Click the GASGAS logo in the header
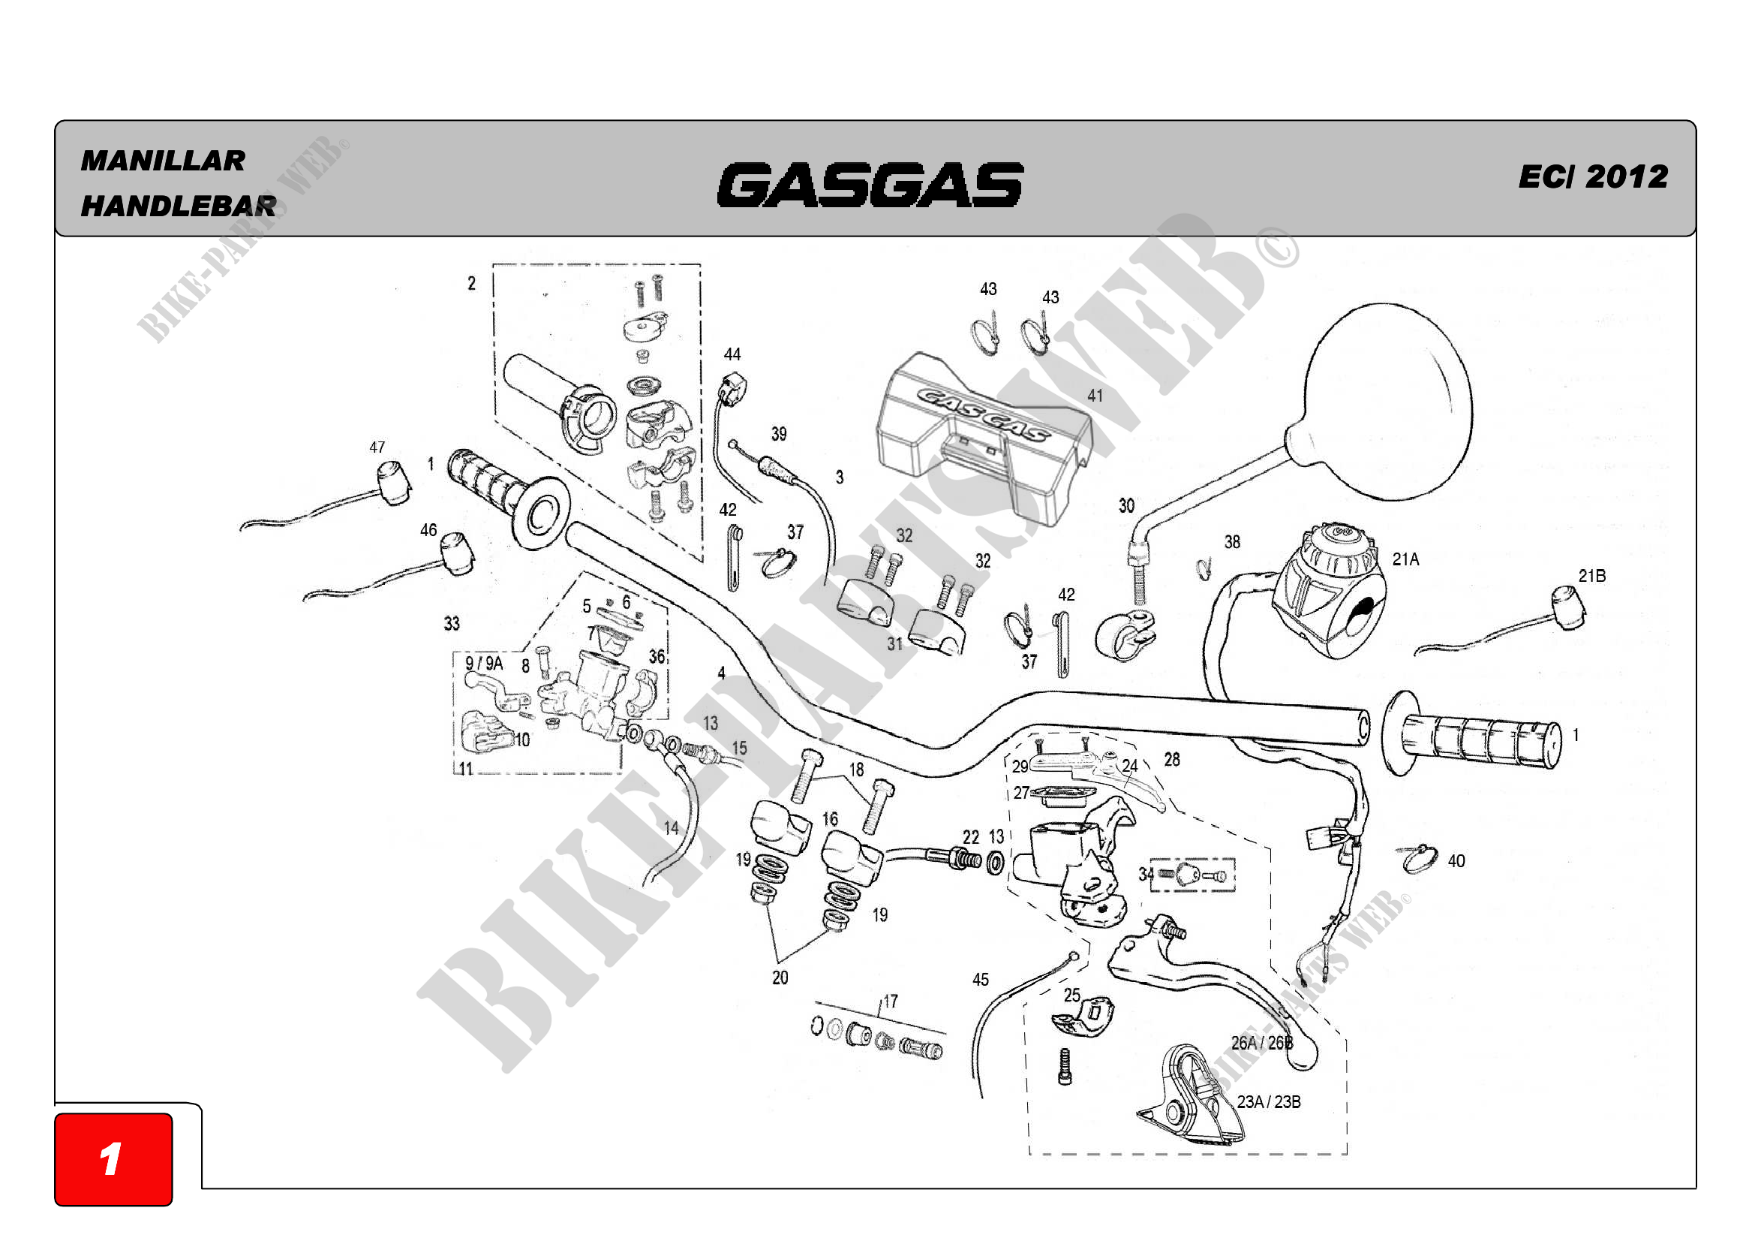[870, 185]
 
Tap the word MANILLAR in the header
[163, 161]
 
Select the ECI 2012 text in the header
[1592, 176]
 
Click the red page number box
[113, 1158]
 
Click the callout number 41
[1095, 396]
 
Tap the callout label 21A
[1405, 559]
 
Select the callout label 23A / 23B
[1268, 1102]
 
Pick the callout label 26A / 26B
[1261, 1043]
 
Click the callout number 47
[377, 447]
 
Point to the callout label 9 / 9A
[484, 663]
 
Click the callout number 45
[980, 980]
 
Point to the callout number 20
[780, 977]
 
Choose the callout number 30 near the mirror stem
[1126, 505]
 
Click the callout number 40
[1456, 861]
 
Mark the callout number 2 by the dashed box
[472, 284]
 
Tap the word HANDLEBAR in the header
[178, 206]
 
